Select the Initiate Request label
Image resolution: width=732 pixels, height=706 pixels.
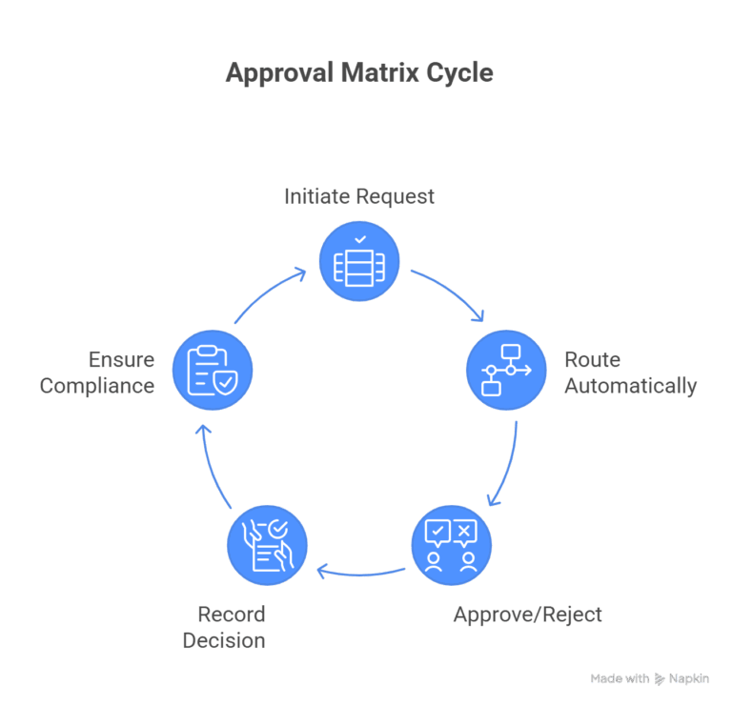pyautogui.click(x=359, y=196)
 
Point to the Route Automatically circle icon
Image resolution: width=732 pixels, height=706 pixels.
pyautogui.click(x=505, y=370)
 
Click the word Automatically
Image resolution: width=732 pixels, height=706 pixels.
pyautogui.click(x=630, y=387)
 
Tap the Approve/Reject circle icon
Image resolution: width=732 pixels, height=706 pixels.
pyautogui.click(x=451, y=545)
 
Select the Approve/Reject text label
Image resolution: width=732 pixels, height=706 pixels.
pyautogui.click(x=527, y=615)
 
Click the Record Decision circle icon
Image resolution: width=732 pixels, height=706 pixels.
pyautogui.click(x=267, y=545)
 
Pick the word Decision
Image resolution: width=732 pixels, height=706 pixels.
pyautogui.click(x=224, y=640)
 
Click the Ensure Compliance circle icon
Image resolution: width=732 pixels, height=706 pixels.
pyautogui.click(x=213, y=370)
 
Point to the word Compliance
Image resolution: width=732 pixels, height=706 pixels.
pyautogui.click(x=97, y=386)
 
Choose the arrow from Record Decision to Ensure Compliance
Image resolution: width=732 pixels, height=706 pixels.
pyautogui.click(x=211, y=464)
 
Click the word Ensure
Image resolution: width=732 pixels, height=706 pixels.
pyautogui.click(x=121, y=360)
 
